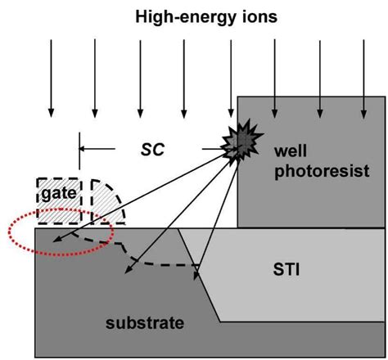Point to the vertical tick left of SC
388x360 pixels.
[x=79, y=148]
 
